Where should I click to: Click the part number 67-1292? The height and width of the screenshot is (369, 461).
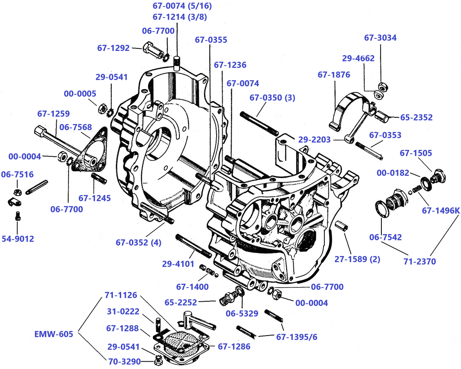(x=113, y=48)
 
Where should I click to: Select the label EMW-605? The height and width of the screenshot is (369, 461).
(x=54, y=334)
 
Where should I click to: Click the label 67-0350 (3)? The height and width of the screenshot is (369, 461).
(x=272, y=98)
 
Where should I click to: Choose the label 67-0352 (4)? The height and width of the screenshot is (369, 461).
(x=138, y=242)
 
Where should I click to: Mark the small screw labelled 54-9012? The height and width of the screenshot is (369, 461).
(x=18, y=215)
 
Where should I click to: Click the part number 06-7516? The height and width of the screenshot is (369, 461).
(x=18, y=174)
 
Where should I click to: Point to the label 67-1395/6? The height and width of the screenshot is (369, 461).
(x=297, y=337)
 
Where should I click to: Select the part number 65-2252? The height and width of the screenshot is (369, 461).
(x=181, y=302)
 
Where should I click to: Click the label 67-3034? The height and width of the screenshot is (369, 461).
(x=380, y=38)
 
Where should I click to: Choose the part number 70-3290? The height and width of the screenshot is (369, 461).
(x=124, y=362)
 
